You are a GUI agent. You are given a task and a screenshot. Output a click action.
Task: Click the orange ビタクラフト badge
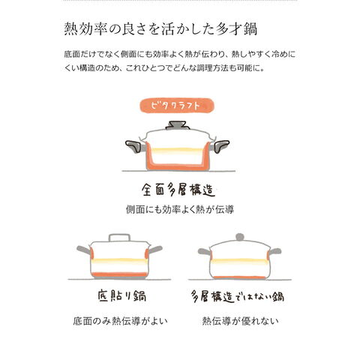point(177,106)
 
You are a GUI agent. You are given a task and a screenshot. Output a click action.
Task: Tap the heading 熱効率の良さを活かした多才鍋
point(160,29)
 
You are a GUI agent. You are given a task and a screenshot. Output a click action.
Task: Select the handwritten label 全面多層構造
point(178,190)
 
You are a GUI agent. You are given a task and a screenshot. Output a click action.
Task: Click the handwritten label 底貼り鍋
point(122,296)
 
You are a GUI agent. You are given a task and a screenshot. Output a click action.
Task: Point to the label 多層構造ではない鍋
point(238,296)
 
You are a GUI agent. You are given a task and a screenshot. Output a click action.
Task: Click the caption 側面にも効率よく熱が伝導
point(180,209)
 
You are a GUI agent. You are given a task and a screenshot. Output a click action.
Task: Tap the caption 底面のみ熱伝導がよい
point(120,321)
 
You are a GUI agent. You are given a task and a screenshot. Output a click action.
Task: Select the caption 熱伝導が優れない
point(240,321)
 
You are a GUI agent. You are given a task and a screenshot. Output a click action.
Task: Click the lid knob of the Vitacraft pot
point(178,125)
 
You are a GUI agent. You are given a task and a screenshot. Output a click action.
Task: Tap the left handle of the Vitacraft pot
point(135,146)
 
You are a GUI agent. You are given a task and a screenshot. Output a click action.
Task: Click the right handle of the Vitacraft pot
point(219,146)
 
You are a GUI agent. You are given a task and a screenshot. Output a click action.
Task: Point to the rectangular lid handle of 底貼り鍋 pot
point(119,238)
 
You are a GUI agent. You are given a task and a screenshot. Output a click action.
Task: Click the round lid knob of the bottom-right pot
point(239,237)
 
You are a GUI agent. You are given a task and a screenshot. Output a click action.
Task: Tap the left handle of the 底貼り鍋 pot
point(84,250)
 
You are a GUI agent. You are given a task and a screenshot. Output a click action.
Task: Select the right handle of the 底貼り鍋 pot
point(156,249)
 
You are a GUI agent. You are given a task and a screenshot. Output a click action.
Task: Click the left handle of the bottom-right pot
point(205,251)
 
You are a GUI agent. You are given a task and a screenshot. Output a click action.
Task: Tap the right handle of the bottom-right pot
point(275,251)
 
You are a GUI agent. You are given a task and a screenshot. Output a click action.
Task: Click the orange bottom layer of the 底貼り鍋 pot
point(119,275)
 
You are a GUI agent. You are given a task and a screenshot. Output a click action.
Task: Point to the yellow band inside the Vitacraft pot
point(177,151)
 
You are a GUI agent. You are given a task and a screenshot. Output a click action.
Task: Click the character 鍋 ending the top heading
point(250,29)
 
